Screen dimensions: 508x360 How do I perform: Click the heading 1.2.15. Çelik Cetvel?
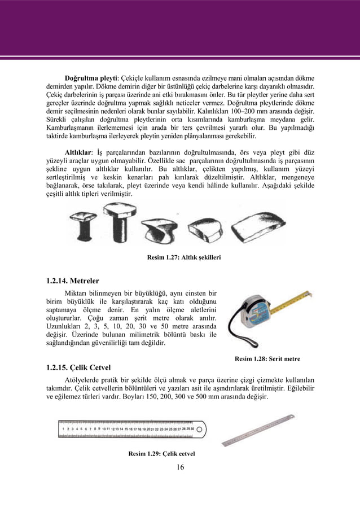pyautogui.click(x=80, y=368)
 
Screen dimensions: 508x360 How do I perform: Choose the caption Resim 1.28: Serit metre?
pyautogui.click(x=267, y=358)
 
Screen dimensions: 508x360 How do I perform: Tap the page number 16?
pyautogui.click(x=180, y=467)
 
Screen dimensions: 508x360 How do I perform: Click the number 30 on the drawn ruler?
pyautogui.click(x=191, y=429)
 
